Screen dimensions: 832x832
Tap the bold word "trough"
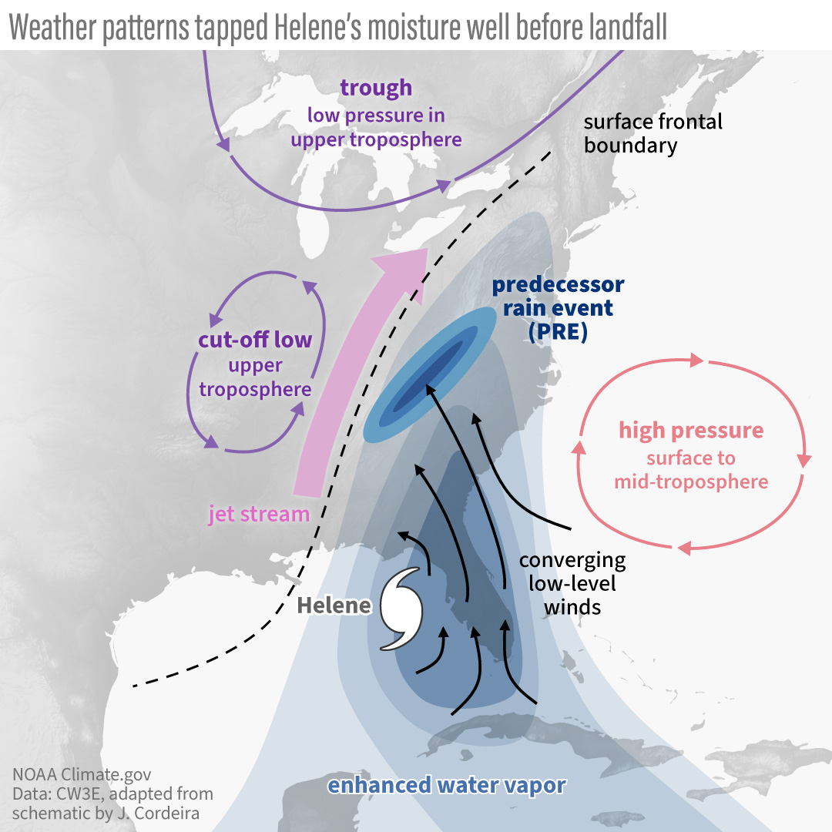376,88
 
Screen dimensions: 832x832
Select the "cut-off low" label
255,340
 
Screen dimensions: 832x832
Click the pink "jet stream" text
258,514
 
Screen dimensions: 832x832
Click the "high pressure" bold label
691,430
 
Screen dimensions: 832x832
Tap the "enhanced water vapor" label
447,786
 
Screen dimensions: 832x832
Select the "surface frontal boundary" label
653,133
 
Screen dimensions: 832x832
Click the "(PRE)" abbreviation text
558,333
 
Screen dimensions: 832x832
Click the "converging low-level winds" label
572,583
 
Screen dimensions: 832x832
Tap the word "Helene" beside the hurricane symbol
334,606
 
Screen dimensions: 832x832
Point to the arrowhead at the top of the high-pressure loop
697,361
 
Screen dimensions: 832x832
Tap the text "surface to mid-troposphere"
691,470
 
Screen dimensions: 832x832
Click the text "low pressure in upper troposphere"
376,127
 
